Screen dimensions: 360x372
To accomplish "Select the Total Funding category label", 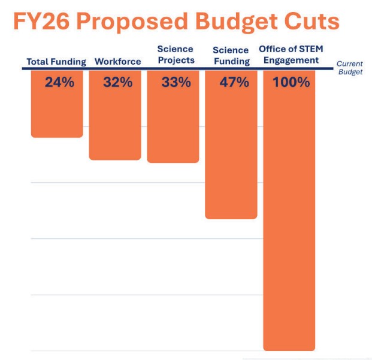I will [56, 62].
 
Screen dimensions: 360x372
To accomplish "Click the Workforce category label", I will [118, 62].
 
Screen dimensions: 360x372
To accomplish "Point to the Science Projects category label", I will [176, 55].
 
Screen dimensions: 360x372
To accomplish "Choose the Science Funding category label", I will [231, 56].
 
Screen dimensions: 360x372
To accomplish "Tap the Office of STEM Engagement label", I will [289, 55].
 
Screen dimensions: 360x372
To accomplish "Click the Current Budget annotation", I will [349, 68].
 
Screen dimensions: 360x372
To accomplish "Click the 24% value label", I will [59, 83].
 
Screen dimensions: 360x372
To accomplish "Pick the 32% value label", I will [117, 83].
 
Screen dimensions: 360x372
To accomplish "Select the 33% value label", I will [176, 83].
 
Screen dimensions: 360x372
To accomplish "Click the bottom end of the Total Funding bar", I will [57, 136].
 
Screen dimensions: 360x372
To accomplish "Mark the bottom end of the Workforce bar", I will [115, 158].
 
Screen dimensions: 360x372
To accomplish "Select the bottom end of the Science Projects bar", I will [173, 161].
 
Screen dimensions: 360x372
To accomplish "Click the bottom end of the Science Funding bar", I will [231, 217].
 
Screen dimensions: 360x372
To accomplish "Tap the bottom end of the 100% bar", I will [289, 349].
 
